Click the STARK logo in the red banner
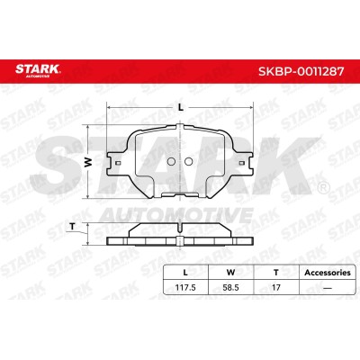(38, 70)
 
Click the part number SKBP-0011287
(301, 71)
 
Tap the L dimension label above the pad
(180, 107)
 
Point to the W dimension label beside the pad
(87, 162)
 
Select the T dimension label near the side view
(72, 227)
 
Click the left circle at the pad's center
(171, 162)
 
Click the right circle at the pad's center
(188, 162)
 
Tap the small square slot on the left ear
(118, 163)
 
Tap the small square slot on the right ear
(241, 163)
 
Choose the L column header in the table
(185, 273)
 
